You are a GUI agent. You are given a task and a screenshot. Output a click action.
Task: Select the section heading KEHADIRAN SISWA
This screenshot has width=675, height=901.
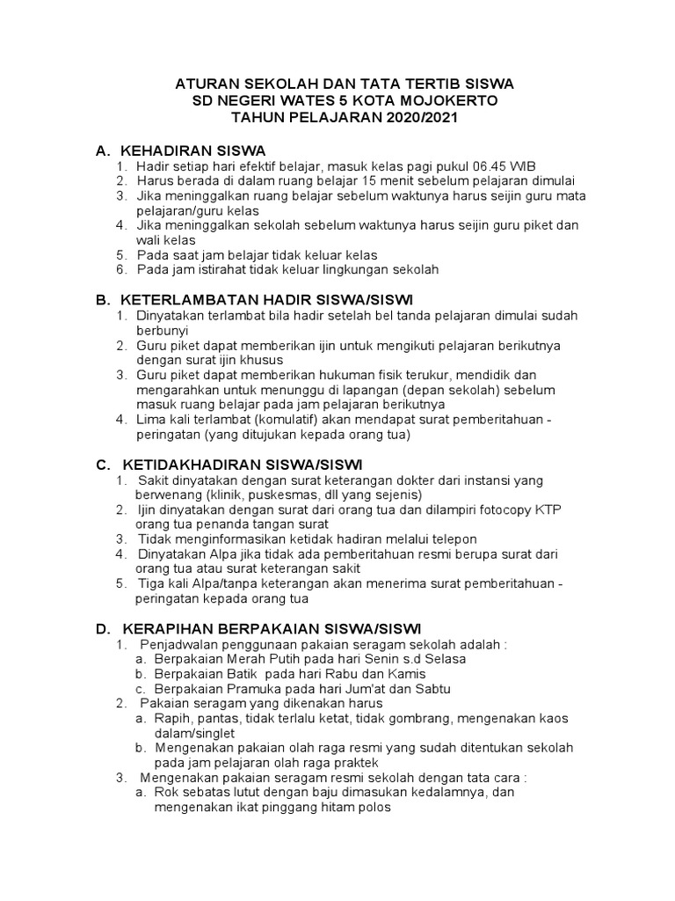[x=193, y=150]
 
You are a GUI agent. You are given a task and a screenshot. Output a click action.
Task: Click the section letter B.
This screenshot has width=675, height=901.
[x=101, y=299]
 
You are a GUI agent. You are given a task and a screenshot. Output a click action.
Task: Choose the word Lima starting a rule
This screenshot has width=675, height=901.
[x=150, y=420]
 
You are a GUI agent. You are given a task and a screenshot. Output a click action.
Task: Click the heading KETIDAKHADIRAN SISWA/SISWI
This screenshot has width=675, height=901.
[x=242, y=464]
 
